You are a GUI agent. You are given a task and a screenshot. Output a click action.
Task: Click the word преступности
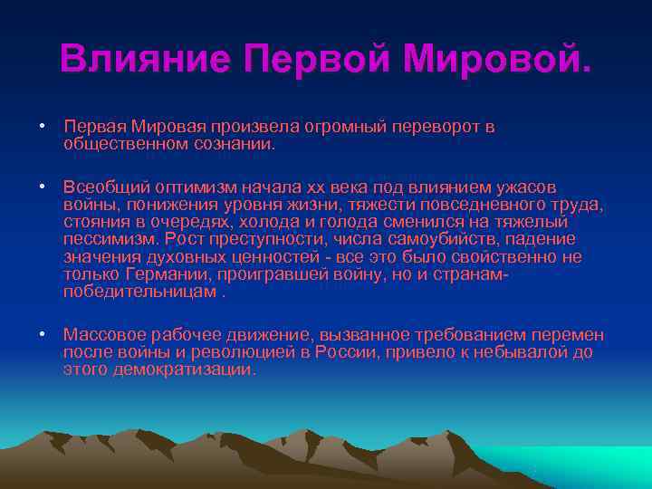coord(258,240)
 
